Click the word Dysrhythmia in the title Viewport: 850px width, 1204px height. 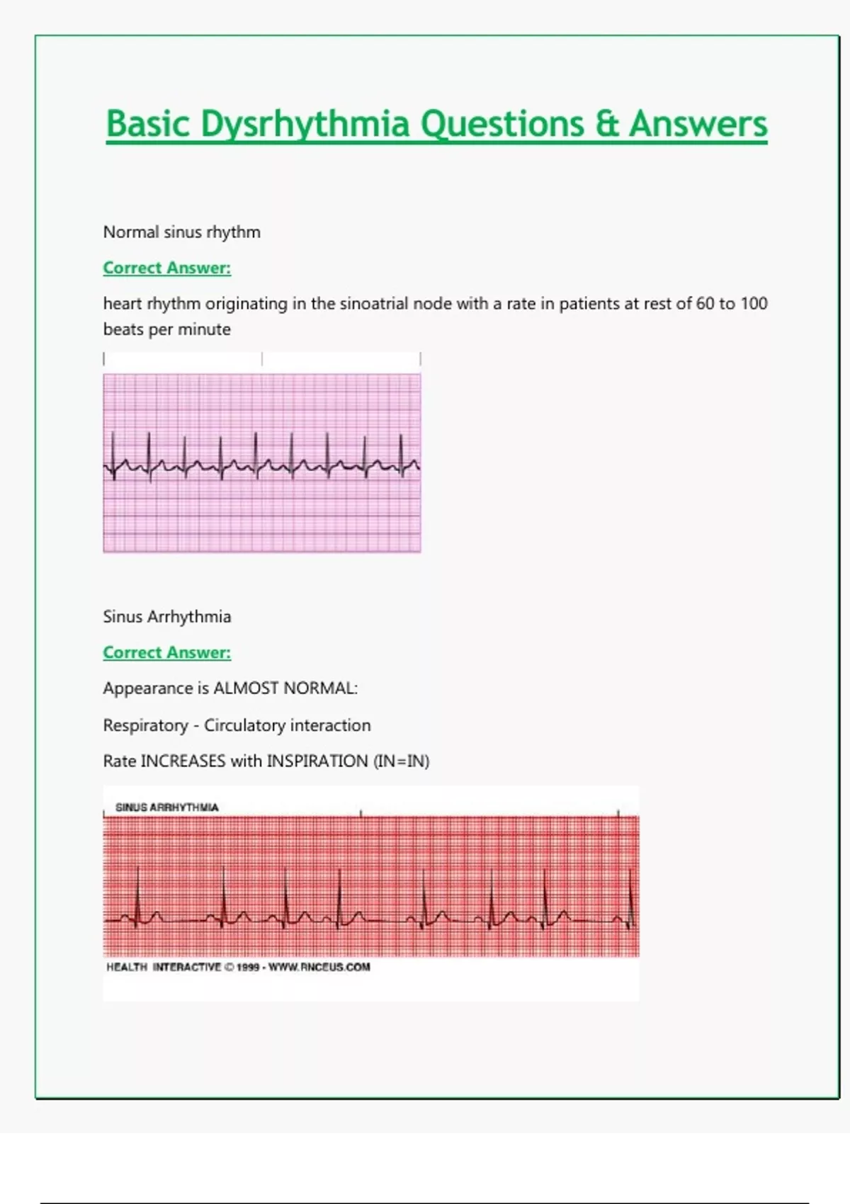tap(305, 124)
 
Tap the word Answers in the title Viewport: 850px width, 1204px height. tap(698, 124)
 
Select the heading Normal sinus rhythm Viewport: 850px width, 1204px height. tap(182, 232)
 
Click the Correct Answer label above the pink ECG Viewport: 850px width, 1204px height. tap(167, 268)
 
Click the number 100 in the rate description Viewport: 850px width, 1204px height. tap(754, 304)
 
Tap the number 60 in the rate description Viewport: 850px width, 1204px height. tap(705, 304)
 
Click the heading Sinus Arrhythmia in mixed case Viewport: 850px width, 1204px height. tap(167, 617)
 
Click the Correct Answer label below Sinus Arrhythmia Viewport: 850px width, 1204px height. tap(167, 653)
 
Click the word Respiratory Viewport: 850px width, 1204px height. tap(145, 725)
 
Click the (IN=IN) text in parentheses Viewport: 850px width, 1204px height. tap(401, 761)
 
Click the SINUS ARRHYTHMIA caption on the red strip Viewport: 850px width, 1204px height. tap(167, 807)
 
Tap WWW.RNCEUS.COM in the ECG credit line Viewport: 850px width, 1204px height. tap(319, 967)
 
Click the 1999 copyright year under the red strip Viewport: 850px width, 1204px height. tap(248, 967)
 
